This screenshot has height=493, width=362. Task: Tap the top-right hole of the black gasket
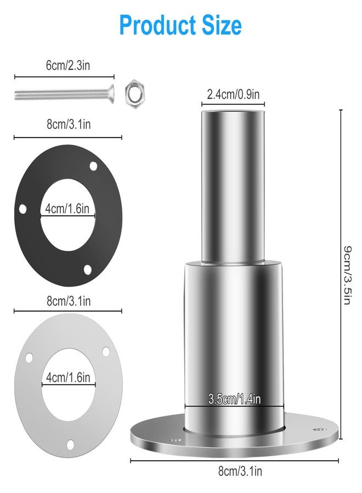[x=93, y=165]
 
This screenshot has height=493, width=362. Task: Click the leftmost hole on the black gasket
[x=23, y=208]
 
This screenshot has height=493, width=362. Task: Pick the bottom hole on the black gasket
[x=87, y=269]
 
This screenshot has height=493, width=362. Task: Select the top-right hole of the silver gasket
[x=106, y=351]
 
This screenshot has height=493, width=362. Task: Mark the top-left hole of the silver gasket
[x=29, y=358]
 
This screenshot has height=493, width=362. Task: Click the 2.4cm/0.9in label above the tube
[x=233, y=94]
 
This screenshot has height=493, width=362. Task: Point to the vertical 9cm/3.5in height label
[x=347, y=275]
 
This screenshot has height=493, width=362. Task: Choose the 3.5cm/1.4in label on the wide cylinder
[x=234, y=399]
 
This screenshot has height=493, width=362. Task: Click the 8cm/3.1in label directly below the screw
[x=68, y=124]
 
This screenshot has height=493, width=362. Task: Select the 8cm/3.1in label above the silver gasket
[x=68, y=300]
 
